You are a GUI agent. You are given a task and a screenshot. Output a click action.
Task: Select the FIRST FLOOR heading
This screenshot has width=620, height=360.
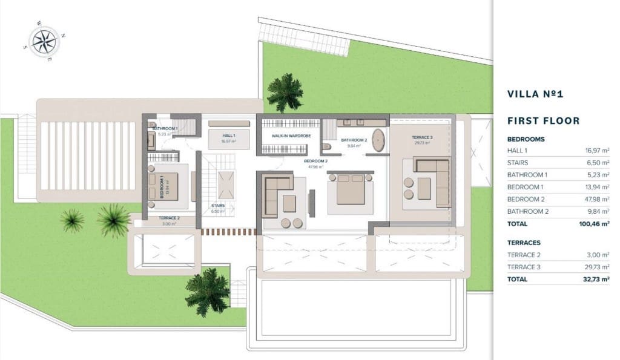[543, 120]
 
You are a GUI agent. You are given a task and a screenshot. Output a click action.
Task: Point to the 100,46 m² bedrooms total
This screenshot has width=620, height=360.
[594, 223]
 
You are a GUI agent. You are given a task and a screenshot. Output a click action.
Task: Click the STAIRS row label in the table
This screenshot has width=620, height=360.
[518, 163]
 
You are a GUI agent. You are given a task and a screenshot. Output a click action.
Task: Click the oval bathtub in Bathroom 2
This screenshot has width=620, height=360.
[378, 140]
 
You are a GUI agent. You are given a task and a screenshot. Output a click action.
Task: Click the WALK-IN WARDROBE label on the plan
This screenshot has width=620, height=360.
[291, 136]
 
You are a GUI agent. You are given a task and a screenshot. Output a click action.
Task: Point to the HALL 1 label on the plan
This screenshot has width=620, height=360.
[228, 136]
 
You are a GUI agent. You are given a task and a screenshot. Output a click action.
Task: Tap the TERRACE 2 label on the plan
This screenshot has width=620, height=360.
[169, 218]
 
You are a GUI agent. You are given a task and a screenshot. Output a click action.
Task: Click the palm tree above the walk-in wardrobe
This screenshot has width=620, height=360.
[285, 92]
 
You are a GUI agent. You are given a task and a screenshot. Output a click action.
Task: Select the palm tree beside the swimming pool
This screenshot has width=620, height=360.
[207, 292]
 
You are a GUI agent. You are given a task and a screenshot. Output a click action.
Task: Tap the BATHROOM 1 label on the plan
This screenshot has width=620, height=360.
[165, 129]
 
